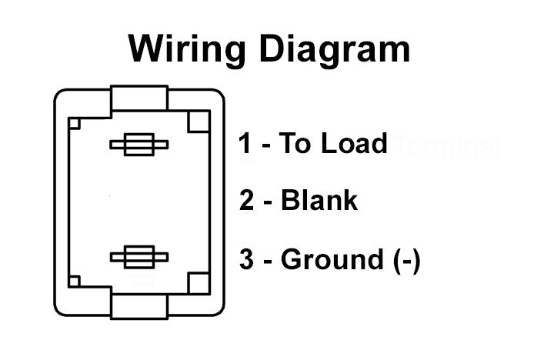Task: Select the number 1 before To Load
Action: pyautogui.click(x=245, y=143)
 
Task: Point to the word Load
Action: pyautogui.click(x=350, y=143)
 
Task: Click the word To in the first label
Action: pyautogui.click(x=293, y=143)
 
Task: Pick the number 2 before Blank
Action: pyautogui.click(x=247, y=201)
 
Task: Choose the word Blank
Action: pyautogui.click(x=319, y=201)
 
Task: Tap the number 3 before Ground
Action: pyautogui.click(x=246, y=259)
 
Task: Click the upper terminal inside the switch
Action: pyautogui.click(x=139, y=145)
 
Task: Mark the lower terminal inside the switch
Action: pyautogui.click(x=139, y=257)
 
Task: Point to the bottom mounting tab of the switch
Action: pyautogui.click(x=139, y=305)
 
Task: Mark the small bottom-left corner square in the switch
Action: pyautogui.click(x=75, y=281)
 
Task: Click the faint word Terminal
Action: pyautogui.click(x=446, y=145)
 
